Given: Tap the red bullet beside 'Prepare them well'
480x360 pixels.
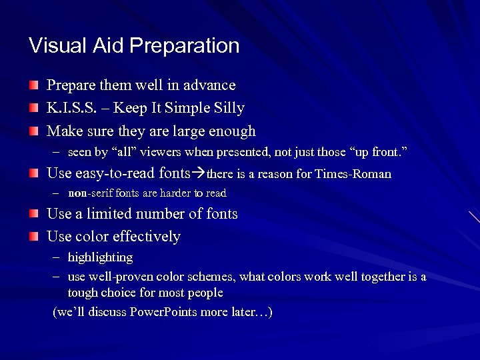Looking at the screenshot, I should pos(33,85).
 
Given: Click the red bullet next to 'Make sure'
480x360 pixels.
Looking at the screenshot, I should pos(33,131).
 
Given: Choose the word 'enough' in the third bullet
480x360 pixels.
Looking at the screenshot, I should pos(231,131).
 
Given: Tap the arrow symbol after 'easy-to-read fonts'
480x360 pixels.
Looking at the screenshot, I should pos(199,174).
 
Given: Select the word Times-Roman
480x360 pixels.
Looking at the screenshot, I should pos(359,175).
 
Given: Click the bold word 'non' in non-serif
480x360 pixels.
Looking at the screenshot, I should pos(77,193).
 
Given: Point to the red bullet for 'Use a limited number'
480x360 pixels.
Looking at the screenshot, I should pos(33,213).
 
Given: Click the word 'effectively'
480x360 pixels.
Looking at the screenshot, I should pos(147,237).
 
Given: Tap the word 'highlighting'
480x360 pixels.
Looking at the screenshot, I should pos(100,257).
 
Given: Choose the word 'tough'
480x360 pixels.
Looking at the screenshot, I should pos(82,293).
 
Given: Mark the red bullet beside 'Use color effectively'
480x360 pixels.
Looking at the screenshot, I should pos(33,236).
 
